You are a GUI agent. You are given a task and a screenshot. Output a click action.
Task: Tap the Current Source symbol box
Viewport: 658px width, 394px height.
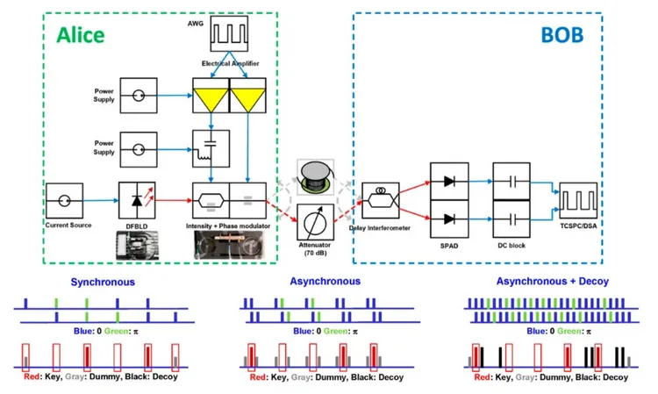(68, 200)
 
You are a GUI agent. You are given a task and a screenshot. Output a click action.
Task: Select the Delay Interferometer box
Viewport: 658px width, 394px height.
(380, 201)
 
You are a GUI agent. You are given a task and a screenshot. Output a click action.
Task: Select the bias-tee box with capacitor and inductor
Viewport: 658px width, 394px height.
(211, 147)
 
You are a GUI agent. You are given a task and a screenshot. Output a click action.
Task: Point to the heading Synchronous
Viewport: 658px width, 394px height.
(104, 283)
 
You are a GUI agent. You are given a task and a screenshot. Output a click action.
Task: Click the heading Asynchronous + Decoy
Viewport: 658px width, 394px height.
(551, 283)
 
